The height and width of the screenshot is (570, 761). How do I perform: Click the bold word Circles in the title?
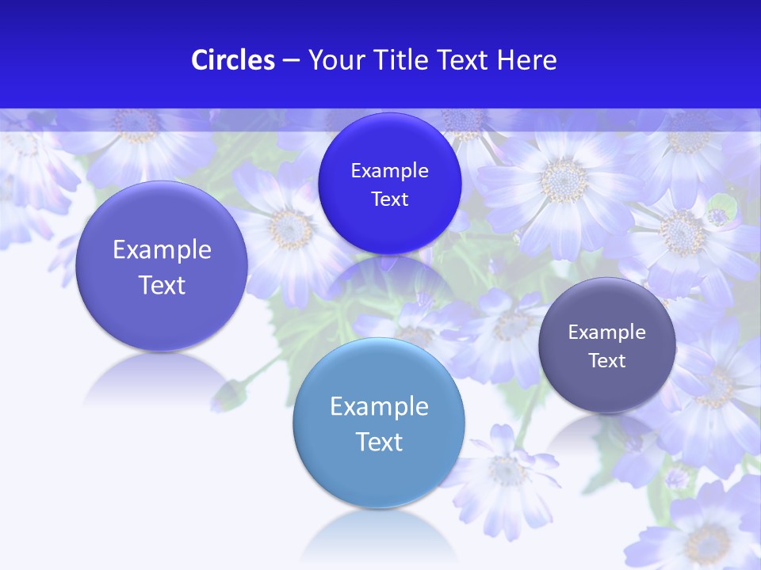[x=232, y=60]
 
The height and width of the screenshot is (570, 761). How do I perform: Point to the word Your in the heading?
[x=335, y=60]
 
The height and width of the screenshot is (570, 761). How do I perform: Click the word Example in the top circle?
[x=389, y=171]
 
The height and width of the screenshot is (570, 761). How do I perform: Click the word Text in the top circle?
[x=389, y=199]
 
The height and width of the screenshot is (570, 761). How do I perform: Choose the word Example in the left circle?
[x=162, y=250]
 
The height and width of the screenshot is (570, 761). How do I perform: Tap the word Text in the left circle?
[x=162, y=285]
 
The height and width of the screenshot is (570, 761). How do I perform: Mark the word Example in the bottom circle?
[x=379, y=407]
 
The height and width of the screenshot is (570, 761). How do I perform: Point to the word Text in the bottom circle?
[x=379, y=442]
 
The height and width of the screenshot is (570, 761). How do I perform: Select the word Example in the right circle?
[x=607, y=332]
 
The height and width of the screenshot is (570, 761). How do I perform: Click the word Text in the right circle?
[x=607, y=361]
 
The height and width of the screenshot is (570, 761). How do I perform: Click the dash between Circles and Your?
[x=290, y=60]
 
